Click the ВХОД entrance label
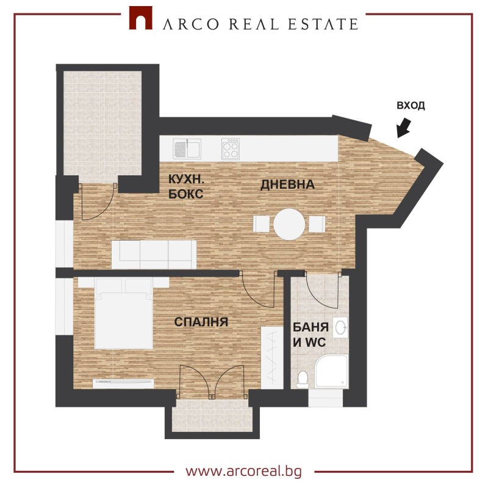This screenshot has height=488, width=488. pyautogui.click(x=411, y=105)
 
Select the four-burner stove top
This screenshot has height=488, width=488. pyautogui.click(x=230, y=148)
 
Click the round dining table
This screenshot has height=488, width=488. pyautogui.click(x=289, y=224)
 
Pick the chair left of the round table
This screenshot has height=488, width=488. pyautogui.click(x=261, y=224)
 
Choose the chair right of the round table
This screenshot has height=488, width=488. pyautogui.click(x=316, y=224)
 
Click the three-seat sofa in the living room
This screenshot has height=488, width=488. pyautogui.click(x=154, y=253)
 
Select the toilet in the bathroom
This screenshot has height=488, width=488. pyautogui.click(x=302, y=379)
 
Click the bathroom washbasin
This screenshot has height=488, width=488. pyautogui.click(x=342, y=327)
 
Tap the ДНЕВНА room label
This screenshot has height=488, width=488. pyautogui.click(x=287, y=184)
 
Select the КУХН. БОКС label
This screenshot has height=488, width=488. pyautogui.click(x=186, y=186)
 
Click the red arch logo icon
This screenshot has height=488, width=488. pyautogui.click(x=140, y=18)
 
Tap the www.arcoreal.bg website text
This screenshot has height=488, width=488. pyautogui.click(x=243, y=471)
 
